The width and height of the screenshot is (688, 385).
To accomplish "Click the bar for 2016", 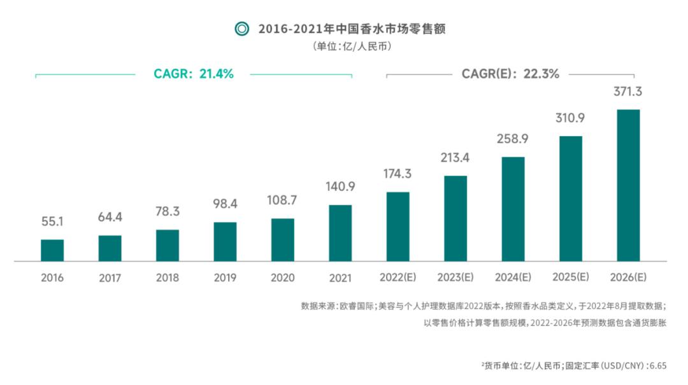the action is coord(52,250).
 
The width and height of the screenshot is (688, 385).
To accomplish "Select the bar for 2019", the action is coord(225,241).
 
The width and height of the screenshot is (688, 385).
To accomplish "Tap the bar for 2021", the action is coord(340,233).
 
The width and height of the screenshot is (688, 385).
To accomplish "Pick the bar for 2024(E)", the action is coord(513,209).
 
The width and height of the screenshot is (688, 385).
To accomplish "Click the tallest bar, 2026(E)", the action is coord(628,185).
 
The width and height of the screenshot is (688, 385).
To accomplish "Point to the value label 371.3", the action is coord(627,92).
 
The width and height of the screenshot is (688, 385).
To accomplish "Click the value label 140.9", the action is coord(340,187).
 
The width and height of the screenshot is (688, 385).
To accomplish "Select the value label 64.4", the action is coord(110,218).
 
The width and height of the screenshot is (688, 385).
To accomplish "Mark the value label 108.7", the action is coord(282,200).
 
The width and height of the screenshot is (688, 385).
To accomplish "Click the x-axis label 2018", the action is coord(168,278).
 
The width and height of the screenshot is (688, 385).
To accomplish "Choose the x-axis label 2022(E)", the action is coord(398,277).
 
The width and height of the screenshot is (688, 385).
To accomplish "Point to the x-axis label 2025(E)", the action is coord(570,277).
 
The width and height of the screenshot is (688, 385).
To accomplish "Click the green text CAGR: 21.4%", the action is coord(194,74).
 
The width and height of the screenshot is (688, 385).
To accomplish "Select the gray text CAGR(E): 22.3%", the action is coord(510,74).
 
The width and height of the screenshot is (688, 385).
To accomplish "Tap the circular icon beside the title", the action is coord(241,29).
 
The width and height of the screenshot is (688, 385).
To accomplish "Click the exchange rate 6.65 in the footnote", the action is coord(657,366).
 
